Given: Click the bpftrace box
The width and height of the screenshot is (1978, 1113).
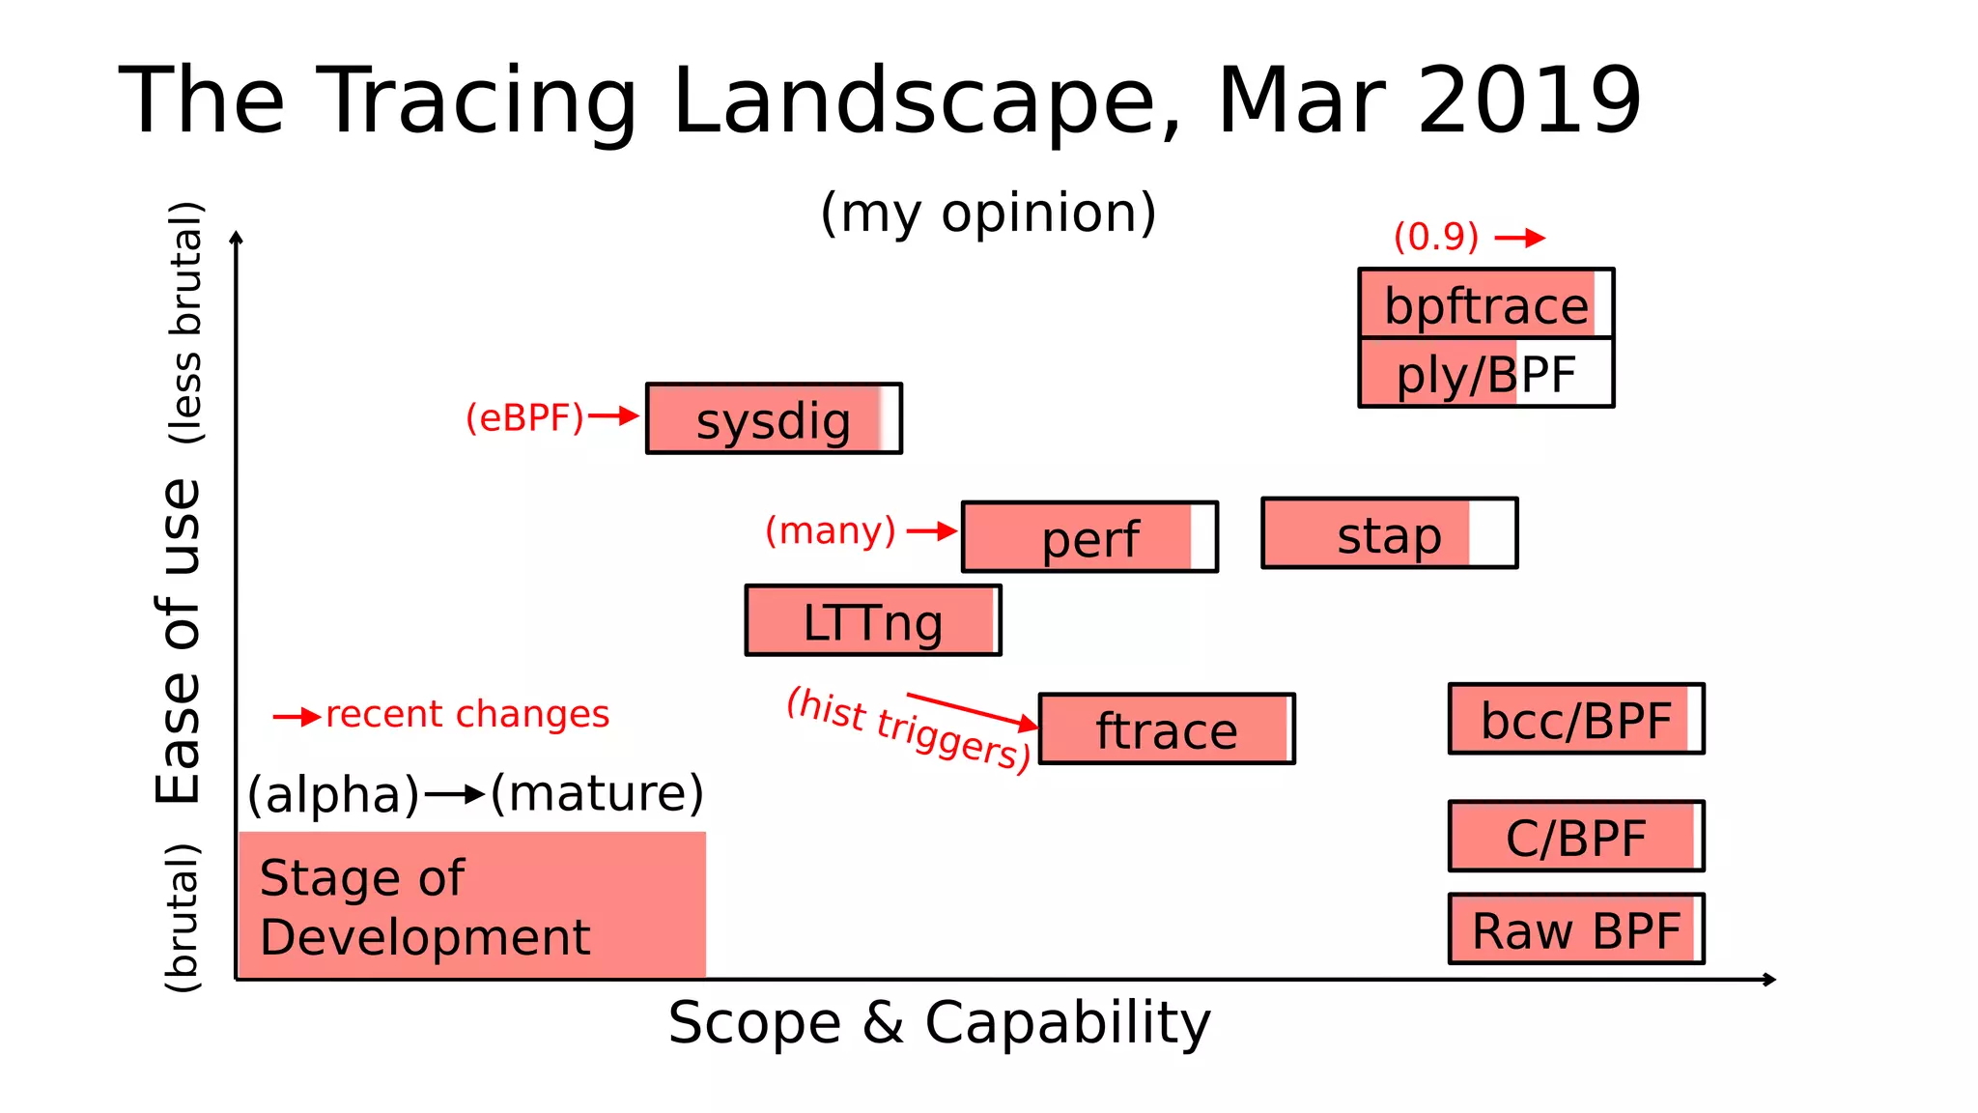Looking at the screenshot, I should point(1485,303).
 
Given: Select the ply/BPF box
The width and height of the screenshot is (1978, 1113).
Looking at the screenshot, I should point(1485,373).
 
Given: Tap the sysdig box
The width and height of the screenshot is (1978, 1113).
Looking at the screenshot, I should point(774,418).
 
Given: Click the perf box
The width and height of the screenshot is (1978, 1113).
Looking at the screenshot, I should point(1089,537).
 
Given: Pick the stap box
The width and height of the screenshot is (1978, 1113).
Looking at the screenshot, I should point(1389,533).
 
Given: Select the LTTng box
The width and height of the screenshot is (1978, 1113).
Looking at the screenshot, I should point(873,620).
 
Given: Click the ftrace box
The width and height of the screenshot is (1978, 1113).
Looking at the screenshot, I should point(1167,728).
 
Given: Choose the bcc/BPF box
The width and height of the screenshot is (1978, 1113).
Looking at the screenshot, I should point(1576,719).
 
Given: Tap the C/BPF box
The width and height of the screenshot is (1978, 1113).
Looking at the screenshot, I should point(1576,836).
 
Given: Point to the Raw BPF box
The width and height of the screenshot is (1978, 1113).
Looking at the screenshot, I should point(1576,929).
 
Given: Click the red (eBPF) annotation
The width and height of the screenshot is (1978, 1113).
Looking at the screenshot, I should point(524,417).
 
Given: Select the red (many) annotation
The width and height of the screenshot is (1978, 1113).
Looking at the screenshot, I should point(831,530).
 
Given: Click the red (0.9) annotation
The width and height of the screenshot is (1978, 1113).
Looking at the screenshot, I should point(1435,237).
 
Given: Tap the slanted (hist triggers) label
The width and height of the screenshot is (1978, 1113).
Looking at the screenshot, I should point(908,729).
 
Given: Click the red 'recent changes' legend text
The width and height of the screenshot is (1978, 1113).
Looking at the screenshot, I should point(467,714).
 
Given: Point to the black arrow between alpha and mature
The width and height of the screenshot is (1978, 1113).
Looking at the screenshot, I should point(455,795).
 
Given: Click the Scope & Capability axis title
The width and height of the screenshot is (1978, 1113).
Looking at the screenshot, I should point(939,1022).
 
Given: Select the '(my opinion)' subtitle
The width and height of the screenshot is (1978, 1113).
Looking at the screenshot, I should point(988,213).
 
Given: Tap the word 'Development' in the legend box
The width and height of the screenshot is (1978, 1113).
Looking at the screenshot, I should point(425,937).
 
